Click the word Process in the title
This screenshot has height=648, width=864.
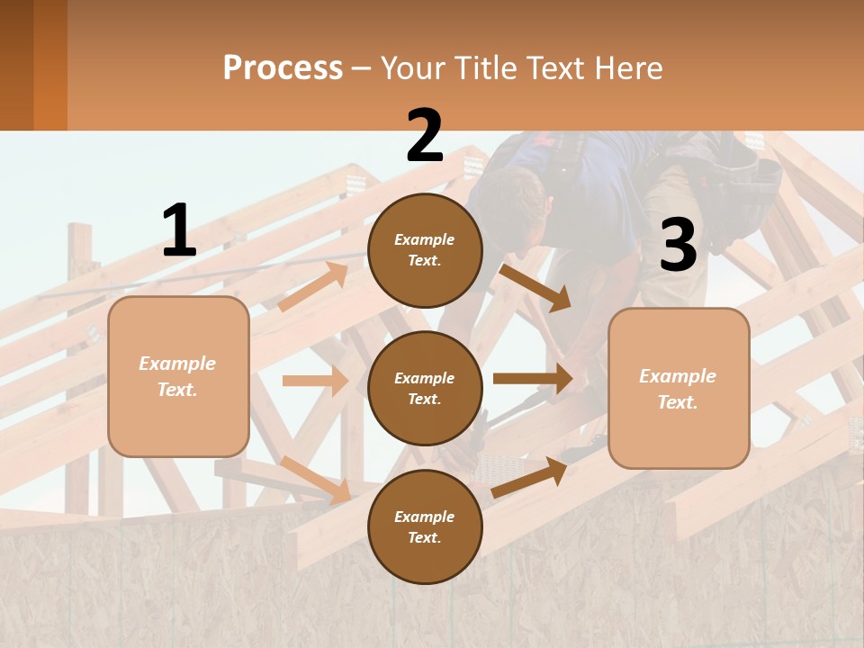283,67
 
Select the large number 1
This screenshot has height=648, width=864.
179,231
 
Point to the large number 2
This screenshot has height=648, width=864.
425,136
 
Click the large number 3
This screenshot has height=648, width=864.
678,245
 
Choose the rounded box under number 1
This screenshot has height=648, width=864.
178,376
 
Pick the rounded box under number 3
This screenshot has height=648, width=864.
679,388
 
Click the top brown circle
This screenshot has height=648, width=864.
425,250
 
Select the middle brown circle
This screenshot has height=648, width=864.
425,388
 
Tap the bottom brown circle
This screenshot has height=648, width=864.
425,526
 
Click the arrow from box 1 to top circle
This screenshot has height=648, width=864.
314,286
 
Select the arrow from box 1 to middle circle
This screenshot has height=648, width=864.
315,381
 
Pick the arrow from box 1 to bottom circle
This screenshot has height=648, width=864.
315,479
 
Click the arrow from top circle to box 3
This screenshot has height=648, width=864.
535,287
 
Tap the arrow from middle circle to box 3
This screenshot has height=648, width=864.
533,379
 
